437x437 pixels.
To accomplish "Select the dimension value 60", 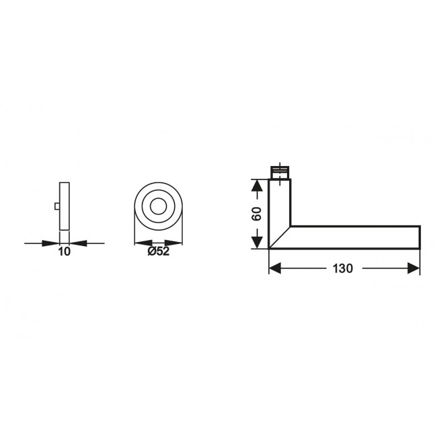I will pos(256,214).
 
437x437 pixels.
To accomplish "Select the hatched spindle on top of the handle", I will pos(280,171).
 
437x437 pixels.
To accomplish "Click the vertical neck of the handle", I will pos(280,202).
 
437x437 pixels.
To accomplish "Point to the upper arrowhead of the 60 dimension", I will pos(256,184).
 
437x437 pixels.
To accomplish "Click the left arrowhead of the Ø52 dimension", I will pos(138,242).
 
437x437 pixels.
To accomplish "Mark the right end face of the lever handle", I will pos(420,237).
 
